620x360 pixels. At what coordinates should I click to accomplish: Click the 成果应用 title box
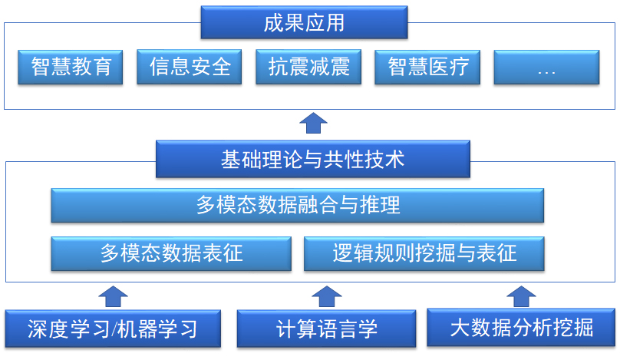tap(304, 23)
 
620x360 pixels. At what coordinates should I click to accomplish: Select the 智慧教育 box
tap(71, 68)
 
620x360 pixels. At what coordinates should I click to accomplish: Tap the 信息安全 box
tap(190, 68)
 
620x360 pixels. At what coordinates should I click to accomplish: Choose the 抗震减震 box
tap(309, 68)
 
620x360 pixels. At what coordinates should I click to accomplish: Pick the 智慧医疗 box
tap(428, 68)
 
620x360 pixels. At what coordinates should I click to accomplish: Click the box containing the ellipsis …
tap(546, 68)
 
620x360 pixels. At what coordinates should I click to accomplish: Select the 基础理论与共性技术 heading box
tap(312, 160)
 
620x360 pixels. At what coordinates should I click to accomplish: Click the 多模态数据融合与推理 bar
tap(298, 206)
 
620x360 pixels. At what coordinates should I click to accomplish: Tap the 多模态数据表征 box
tap(171, 253)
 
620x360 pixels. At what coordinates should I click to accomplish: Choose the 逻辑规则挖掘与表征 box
tap(424, 253)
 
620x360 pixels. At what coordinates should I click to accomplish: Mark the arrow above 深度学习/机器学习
tap(114, 296)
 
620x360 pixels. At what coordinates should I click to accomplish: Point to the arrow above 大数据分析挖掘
tap(521, 296)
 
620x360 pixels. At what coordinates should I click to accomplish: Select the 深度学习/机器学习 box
tap(113, 329)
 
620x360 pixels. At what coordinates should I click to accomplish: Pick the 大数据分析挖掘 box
tap(521, 328)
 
